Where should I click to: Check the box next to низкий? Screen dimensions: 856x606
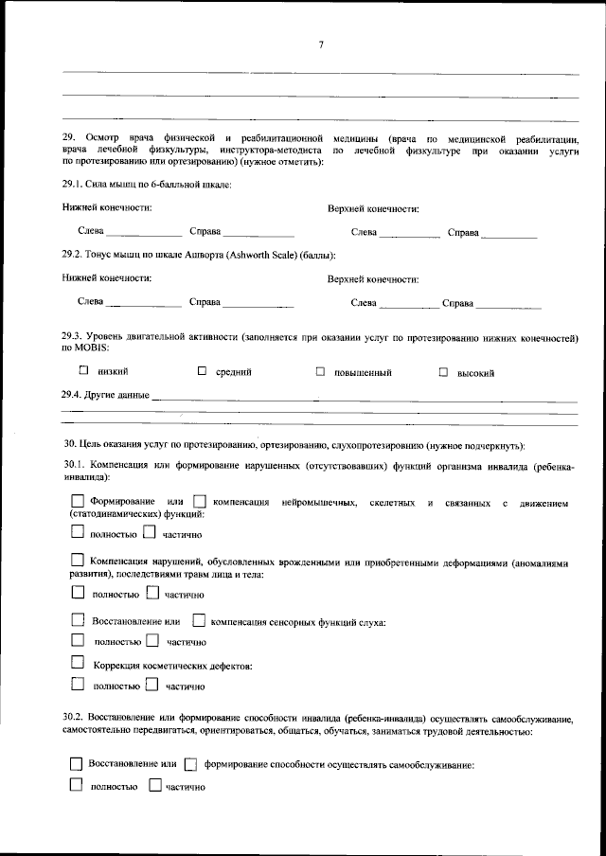tap(83, 371)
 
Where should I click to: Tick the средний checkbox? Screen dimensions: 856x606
tap(202, 371)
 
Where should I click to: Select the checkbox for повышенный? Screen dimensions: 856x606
tap(321, 372)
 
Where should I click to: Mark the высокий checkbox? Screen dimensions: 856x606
tap(442, 372)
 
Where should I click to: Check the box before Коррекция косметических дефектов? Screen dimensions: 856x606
tap(78, 665)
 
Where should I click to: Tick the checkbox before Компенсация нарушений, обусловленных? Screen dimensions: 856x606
tap(78, 562)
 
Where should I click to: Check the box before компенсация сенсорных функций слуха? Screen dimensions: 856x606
tap(198, 621)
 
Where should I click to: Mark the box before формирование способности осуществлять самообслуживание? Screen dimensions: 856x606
tap(190, 764)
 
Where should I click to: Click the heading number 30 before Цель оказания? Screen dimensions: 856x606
tap(69, 444)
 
